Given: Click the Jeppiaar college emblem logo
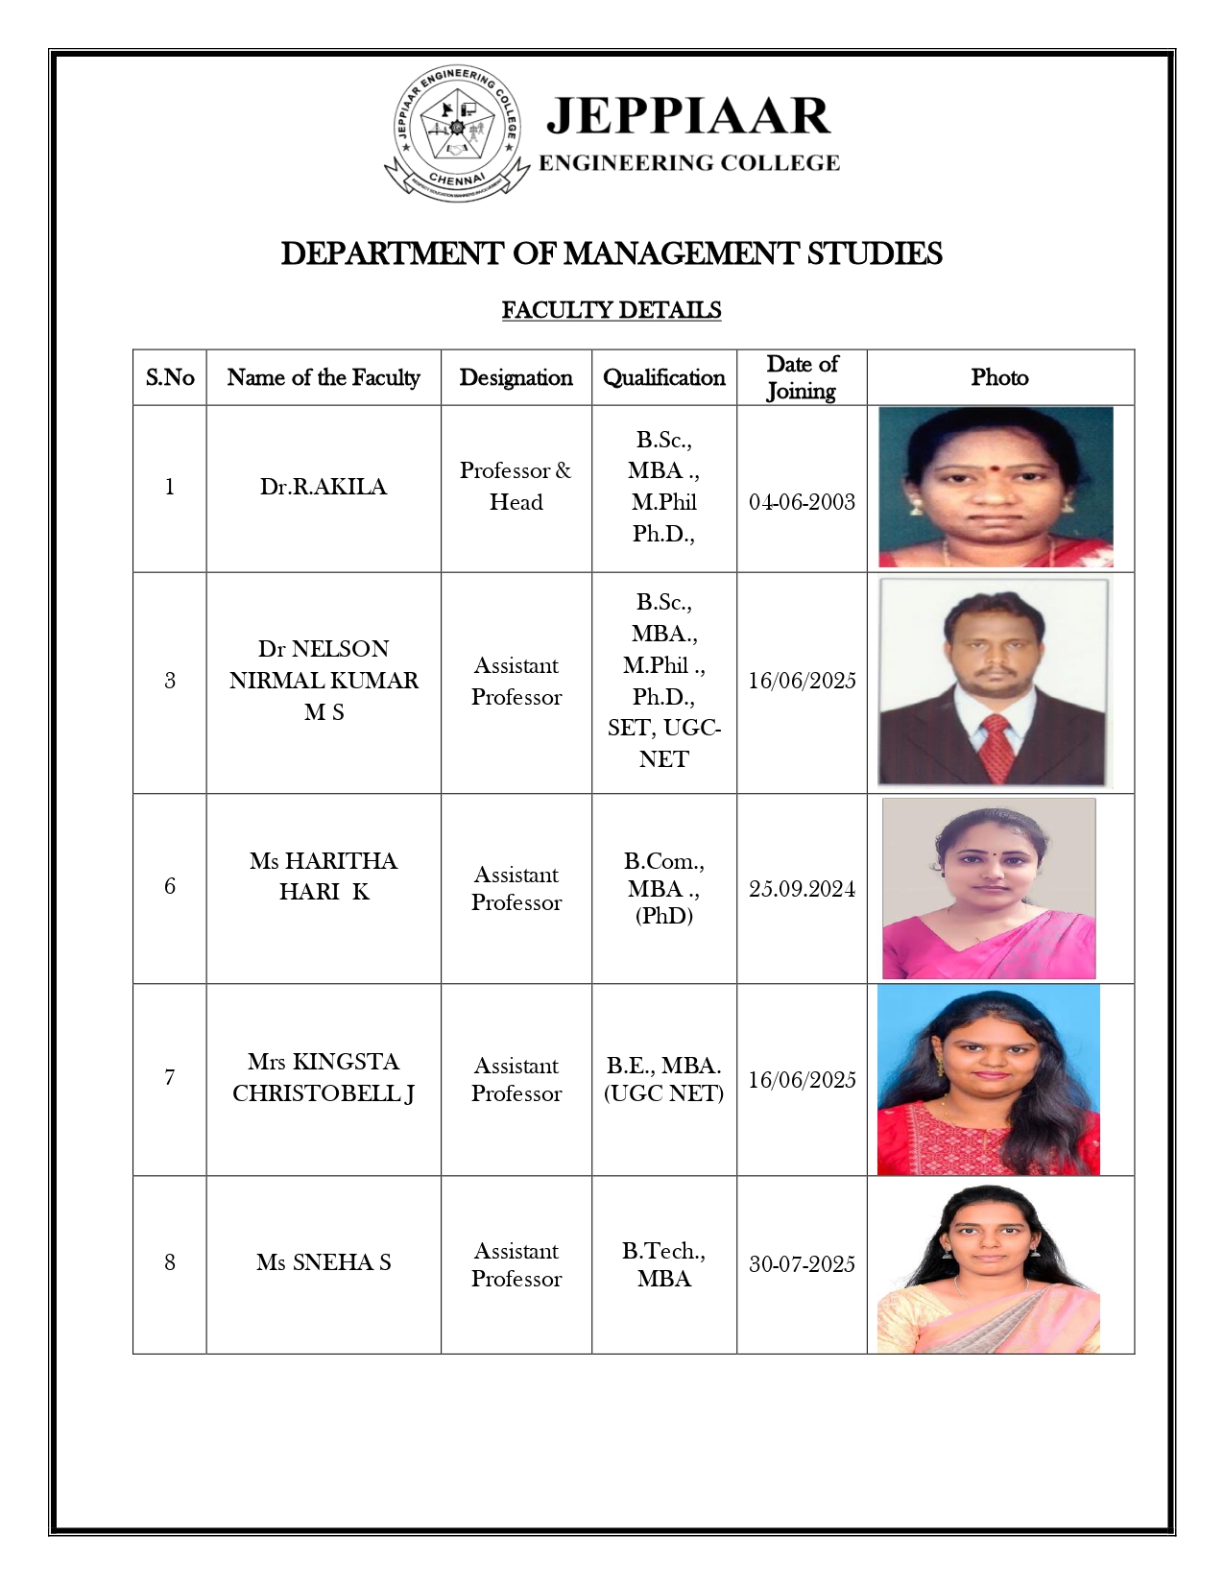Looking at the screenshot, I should (x=456, y=132).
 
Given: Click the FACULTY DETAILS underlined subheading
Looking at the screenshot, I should (x=612, y=310).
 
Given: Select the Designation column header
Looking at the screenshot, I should (x=516, y=377).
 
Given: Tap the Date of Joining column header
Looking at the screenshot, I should (x=802, y=377).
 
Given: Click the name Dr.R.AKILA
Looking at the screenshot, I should (x=324, y=487).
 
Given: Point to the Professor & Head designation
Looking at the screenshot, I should (x=516, y=486).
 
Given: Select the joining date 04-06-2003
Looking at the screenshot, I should (x=802, y=502).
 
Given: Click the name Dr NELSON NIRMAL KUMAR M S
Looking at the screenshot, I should (x=324, y=680).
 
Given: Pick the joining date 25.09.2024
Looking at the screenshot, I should (x=802, y=889).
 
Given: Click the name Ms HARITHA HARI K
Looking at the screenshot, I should (x=324, y=876).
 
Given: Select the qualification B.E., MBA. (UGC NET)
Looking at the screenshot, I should (x=663, y=1079).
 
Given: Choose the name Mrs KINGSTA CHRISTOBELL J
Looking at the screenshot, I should (x=324, y=1077).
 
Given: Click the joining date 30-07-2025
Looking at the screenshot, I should (x=802, y=1264).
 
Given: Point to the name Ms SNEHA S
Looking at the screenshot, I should (x=324, y=1262).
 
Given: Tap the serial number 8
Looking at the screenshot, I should (x=170, y=1262).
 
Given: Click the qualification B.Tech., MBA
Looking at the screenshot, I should (x=663, y=1264).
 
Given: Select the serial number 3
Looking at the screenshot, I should (x=170, y=681).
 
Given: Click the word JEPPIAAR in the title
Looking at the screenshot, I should (x=687, y=116).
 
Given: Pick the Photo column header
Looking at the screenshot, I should (x=999, y=377).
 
